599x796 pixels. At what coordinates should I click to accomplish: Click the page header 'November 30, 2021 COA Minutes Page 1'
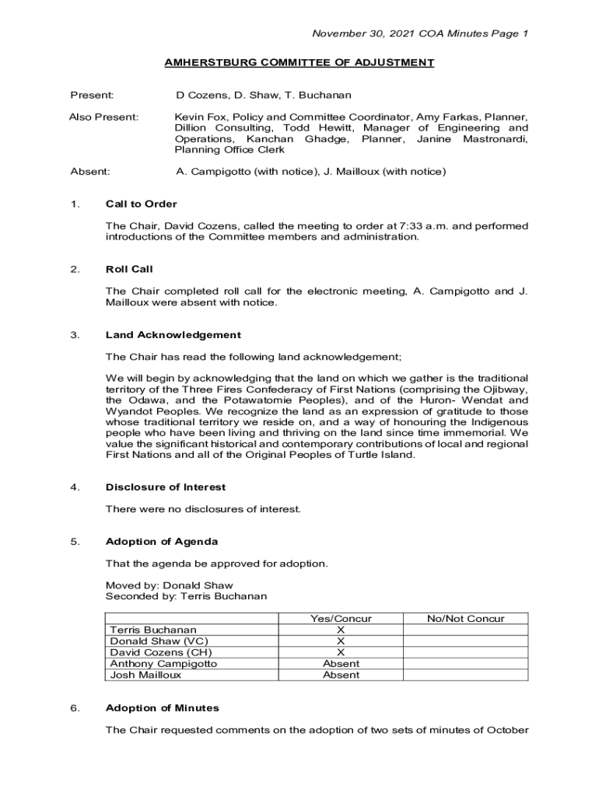pos(420,33)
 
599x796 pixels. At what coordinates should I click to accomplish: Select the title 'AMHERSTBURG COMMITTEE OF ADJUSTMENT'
pos(299,63)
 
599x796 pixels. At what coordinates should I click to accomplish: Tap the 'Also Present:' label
pos(104,117)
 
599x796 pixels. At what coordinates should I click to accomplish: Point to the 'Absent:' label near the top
pos(90,171)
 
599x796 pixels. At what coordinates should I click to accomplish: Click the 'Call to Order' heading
pos(141,204)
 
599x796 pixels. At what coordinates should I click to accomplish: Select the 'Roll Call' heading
pos(129,269)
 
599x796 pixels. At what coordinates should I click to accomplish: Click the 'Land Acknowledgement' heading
pos(173,335)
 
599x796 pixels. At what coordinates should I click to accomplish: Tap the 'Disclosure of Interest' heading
pos(166,487)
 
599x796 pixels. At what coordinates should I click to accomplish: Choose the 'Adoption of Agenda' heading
pos(162,541)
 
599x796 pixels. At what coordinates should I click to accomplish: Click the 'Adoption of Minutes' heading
pos(163,708)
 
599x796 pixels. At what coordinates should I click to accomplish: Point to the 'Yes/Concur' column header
pos(341,619)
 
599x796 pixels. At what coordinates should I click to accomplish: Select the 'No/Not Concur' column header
pos(465,619)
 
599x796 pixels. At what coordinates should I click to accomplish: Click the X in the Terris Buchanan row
pos(341,630)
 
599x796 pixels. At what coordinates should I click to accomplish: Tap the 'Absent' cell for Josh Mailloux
pos(341,676)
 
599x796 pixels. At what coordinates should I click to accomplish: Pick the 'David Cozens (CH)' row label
pos(160,653)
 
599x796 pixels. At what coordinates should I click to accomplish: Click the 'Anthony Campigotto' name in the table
pos(163,664)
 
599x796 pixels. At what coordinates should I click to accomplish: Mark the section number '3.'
pos(75,335)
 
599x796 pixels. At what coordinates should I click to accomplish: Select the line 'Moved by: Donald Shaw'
pos(169,585)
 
